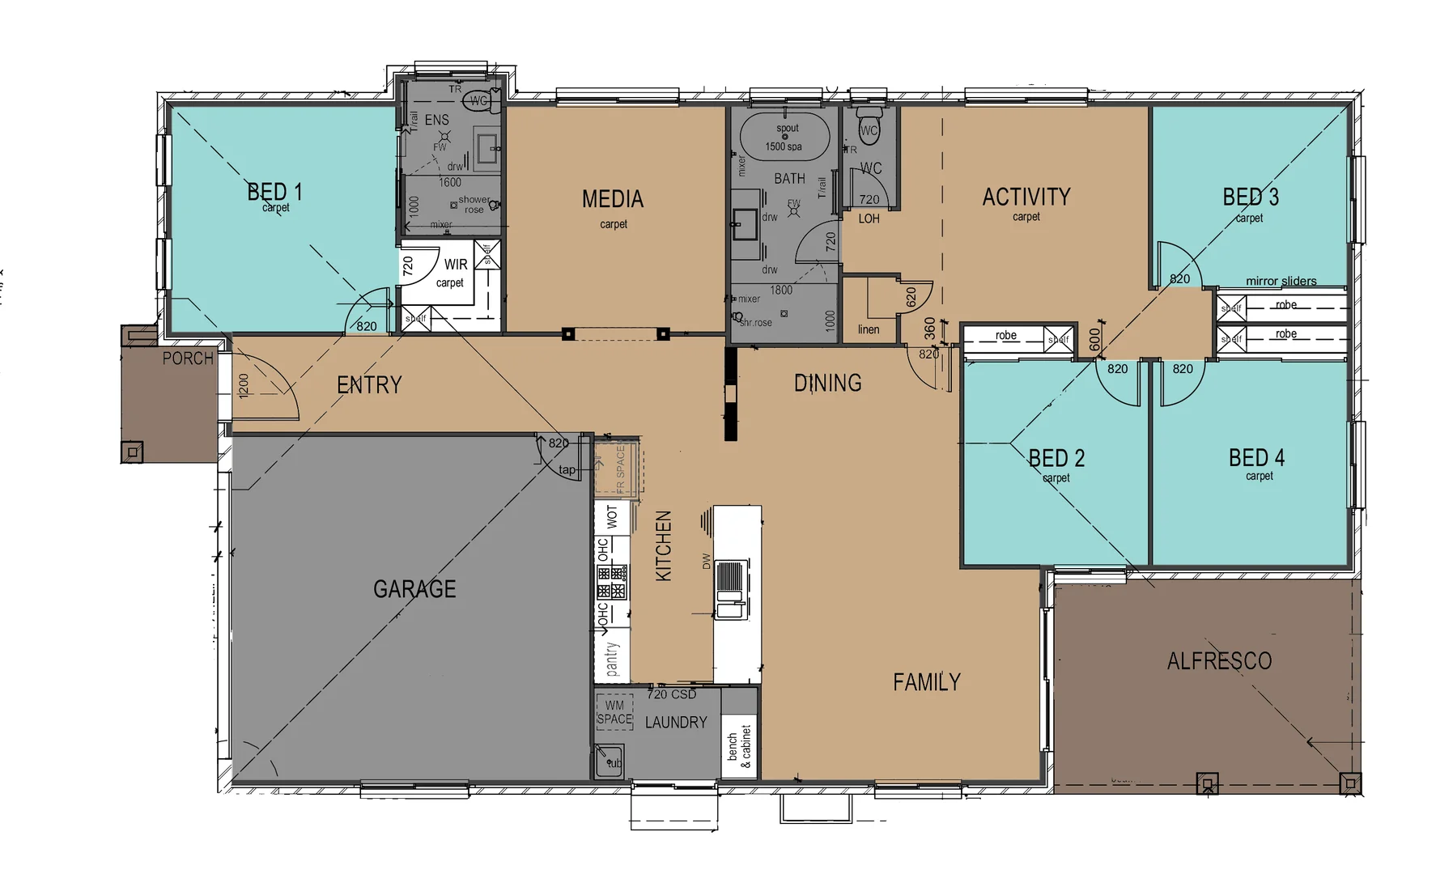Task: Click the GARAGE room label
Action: [414, 589]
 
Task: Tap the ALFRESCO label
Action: [1219, 661]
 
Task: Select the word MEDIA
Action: [613, 199]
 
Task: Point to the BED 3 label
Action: [1251, 197]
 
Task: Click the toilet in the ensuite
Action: [481, 101]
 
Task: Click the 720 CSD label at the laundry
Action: [671, 694]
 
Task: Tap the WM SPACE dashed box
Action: [614, 711]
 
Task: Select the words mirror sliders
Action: [1281, 281]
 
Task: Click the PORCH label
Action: [188, 359]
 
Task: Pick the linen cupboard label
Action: [869, 329]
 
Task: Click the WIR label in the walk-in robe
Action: [456, 265]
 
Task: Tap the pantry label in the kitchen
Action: [612, 659]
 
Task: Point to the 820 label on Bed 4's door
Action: [1183, 369]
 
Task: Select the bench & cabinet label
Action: [739, 746]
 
